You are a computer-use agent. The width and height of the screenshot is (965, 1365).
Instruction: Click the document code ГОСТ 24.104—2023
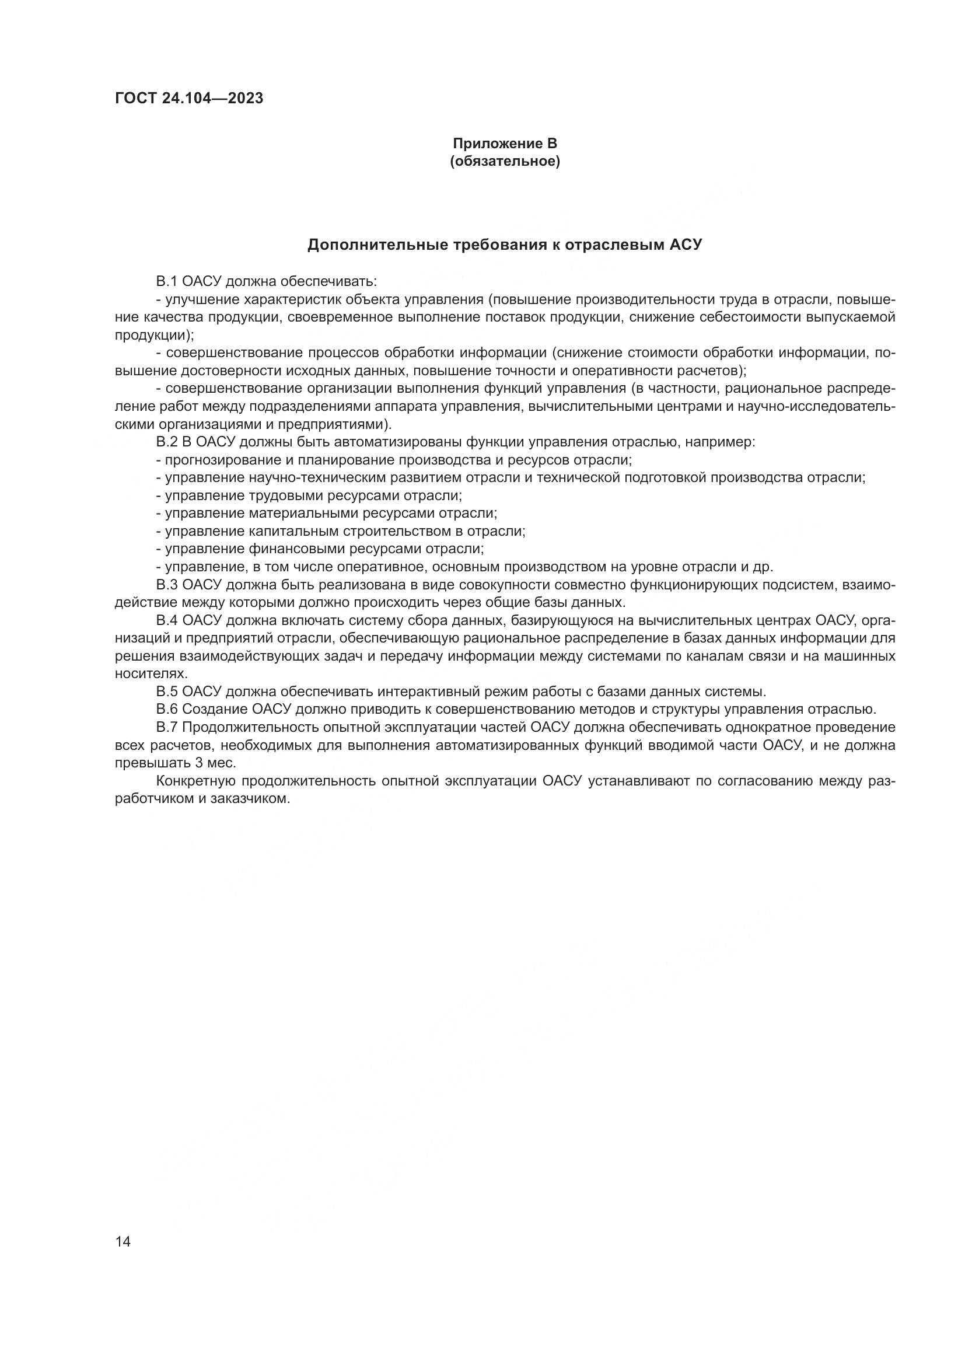(189, 99)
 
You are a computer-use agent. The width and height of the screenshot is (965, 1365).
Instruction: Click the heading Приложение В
(505, 144)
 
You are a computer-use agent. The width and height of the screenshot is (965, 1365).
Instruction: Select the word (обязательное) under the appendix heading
(505, 161)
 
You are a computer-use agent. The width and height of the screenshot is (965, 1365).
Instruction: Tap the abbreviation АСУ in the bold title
(686, 245)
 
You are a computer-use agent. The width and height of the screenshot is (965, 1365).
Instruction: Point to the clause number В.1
(166, 281)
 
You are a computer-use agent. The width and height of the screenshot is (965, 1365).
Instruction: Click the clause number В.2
(166, 442)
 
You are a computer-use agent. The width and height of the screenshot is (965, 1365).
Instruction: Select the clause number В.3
(166, 584)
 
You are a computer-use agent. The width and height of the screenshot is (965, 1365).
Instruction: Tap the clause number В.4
(166, 620)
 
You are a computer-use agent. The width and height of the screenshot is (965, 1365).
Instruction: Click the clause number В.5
(166, 692)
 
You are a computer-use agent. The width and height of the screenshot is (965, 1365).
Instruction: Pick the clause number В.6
(166, 709)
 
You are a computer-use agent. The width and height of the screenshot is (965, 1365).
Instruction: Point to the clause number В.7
(166, 727)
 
